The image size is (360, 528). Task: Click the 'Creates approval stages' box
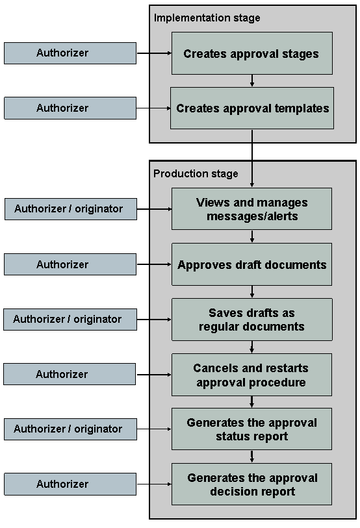point(251,53)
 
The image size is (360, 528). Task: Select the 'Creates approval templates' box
point(251,108)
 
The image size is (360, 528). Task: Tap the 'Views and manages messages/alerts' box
point(251,209)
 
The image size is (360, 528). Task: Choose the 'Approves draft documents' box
point(251,264)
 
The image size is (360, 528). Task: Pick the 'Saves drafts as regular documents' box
point(251,320)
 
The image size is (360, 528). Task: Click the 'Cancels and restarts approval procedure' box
point(251,375)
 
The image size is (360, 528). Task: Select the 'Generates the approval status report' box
point(251,429)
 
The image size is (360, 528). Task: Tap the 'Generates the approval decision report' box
point(251,484)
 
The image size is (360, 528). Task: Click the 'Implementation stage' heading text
point(207,18)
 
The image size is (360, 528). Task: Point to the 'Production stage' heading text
point(196,173)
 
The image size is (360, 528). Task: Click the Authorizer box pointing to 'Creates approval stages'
point(70,53)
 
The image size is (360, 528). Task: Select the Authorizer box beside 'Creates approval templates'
point(70,108)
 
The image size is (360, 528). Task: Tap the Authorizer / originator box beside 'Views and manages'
point(70,209)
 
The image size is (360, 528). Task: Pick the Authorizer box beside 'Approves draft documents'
point(70,264)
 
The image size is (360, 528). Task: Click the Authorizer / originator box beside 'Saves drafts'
point(70,320)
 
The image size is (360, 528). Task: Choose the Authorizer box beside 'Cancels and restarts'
point(70,375)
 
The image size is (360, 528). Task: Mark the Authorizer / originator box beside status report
point(70,429)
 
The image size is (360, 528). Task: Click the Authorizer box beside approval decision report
point(70,484)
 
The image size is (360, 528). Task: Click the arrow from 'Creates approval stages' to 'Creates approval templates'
point(252,81)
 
